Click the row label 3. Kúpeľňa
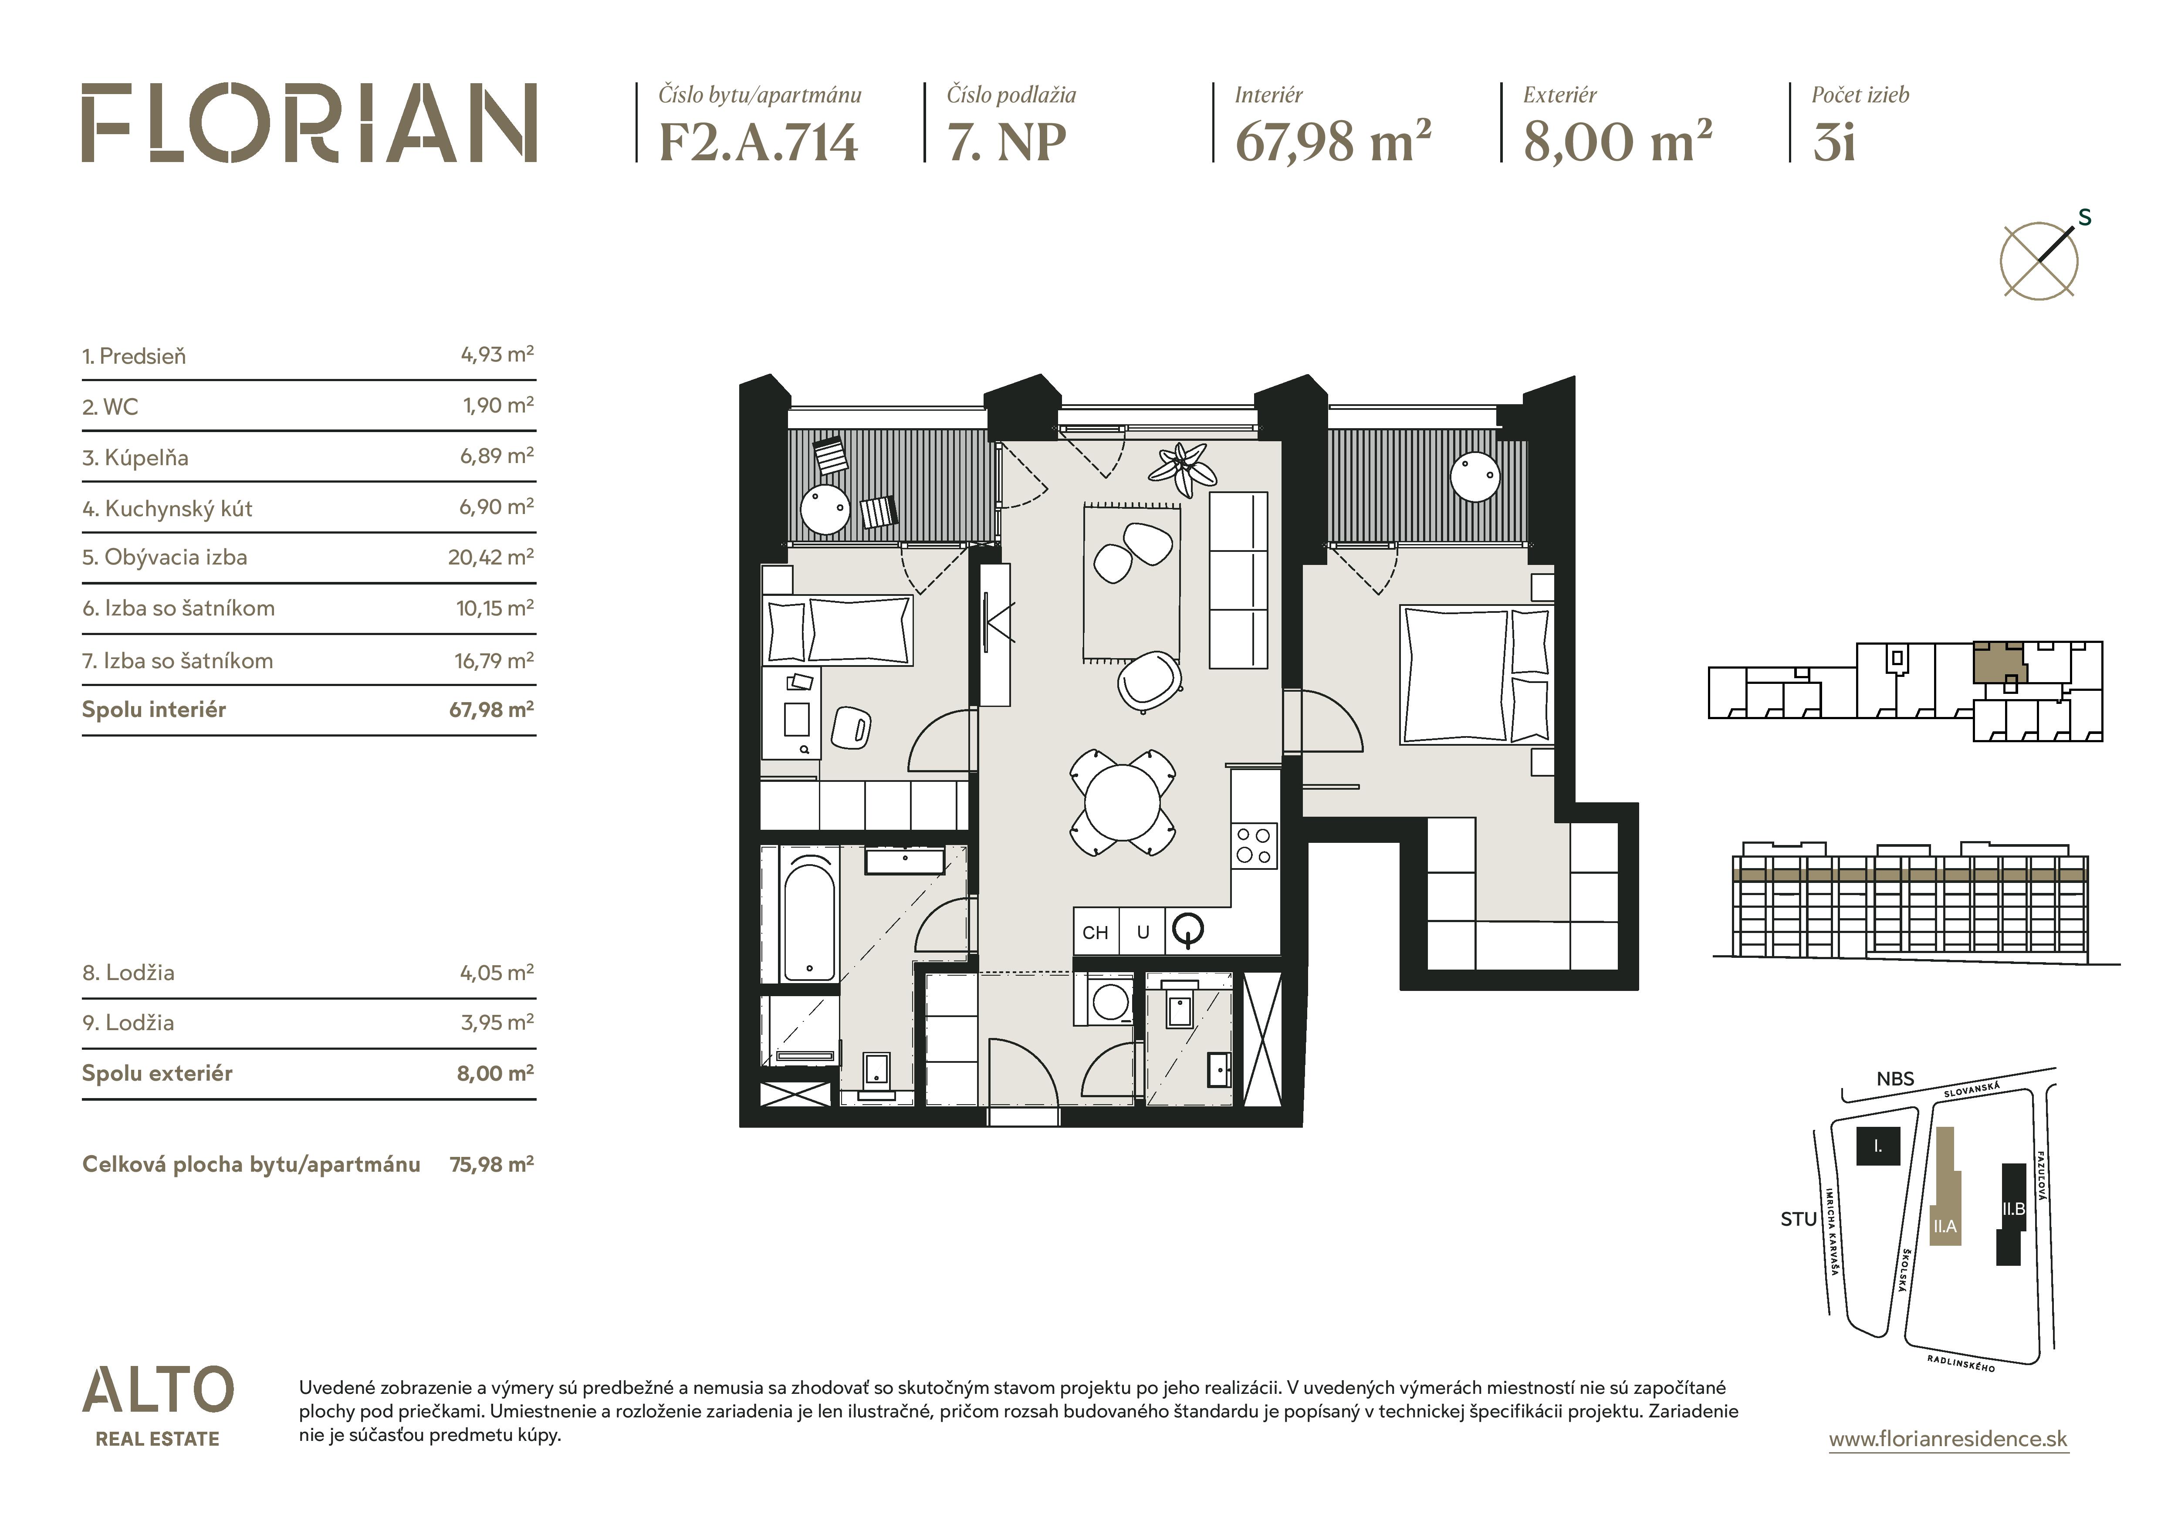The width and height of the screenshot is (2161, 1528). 135,458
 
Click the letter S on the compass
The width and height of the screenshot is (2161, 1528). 2085,217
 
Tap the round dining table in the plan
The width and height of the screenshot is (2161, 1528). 1122,803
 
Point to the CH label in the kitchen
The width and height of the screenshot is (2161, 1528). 1095,933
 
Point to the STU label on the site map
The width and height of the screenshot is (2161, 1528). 1799,1219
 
